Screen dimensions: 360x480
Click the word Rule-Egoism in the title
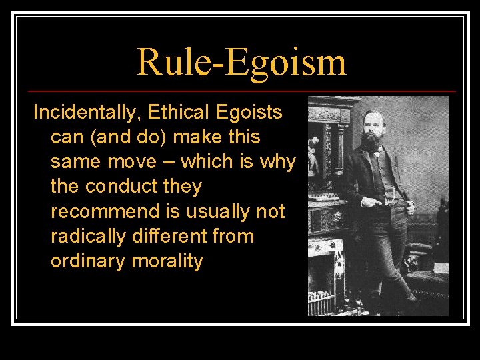pyautogui.click(x=241, y=61)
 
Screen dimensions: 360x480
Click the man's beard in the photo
pyautogui.click(x=371, y=141)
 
